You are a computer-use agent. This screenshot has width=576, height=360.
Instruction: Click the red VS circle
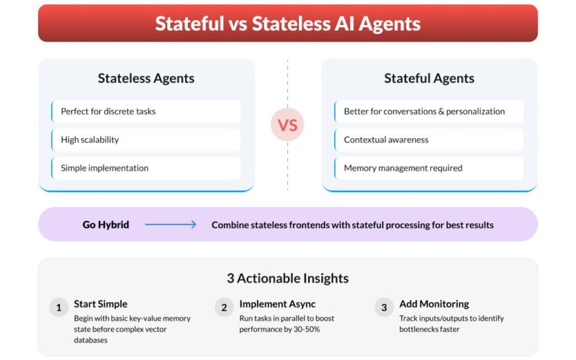click(287, 125)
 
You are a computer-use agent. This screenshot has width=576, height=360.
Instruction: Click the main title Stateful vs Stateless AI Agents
click(287, 24)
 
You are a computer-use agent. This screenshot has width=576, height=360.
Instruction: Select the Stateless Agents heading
click(146, 78)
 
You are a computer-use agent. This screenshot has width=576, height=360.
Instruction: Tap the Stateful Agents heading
click(429, 78)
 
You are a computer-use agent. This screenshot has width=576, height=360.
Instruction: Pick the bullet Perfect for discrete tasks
click(108, 112)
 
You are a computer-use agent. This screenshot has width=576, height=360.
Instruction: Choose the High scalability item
click(89, 140)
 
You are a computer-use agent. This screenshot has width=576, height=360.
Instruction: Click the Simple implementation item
click(104, 168)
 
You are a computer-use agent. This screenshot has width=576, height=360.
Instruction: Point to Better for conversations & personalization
click(424, 112)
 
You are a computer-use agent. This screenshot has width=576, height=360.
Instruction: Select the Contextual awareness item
click(386, 140)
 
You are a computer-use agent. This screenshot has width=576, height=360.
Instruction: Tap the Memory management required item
click(403, 168)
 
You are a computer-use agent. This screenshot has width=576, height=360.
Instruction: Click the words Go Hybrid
click(106, 225)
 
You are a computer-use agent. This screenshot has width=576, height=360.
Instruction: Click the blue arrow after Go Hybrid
click(171, 224)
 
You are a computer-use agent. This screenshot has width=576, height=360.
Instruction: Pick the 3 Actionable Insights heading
click(287, 279)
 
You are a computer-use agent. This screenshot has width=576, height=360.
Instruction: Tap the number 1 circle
click(59, 307)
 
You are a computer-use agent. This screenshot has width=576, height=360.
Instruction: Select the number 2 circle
click(224, 307)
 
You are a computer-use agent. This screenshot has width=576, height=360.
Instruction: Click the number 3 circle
click(384, 307)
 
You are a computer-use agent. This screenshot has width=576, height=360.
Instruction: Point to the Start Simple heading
click(101, 304)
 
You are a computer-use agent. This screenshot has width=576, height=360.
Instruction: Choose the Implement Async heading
click(277, 304)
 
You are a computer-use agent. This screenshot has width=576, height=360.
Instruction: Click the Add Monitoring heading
click(434, 304)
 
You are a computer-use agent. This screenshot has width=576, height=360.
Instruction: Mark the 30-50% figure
click(307, 329)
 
